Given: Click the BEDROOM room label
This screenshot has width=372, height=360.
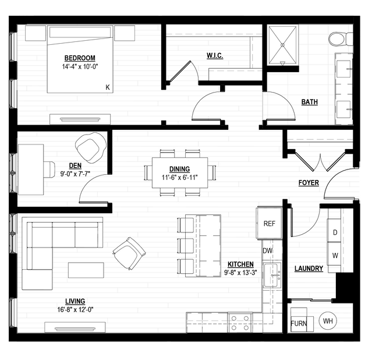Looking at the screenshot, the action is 80,58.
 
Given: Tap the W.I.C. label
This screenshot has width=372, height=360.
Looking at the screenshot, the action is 215,55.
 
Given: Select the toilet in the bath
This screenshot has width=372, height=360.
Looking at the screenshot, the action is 341,38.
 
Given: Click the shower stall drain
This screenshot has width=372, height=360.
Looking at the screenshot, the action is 282,45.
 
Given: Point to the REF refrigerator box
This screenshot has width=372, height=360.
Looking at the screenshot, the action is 269,223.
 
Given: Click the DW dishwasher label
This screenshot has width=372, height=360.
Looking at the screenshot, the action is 268,250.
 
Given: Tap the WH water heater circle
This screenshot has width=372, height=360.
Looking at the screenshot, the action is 328,321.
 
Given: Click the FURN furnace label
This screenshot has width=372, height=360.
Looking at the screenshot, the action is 299,323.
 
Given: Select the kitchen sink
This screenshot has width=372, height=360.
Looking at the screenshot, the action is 272,275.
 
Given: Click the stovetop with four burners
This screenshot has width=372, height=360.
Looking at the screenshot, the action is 240,323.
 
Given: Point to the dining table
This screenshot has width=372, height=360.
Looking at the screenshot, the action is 180,172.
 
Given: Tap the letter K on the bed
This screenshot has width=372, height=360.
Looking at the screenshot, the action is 108,87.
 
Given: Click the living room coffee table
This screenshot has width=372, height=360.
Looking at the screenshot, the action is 86,270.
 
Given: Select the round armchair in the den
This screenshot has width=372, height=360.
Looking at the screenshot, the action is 91,148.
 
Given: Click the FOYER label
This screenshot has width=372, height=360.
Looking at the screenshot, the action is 309,183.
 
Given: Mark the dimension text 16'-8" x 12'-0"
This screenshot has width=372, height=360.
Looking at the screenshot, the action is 75,310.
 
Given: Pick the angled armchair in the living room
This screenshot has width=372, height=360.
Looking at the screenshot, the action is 129,253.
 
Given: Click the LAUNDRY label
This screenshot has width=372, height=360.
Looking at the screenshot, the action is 309,269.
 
